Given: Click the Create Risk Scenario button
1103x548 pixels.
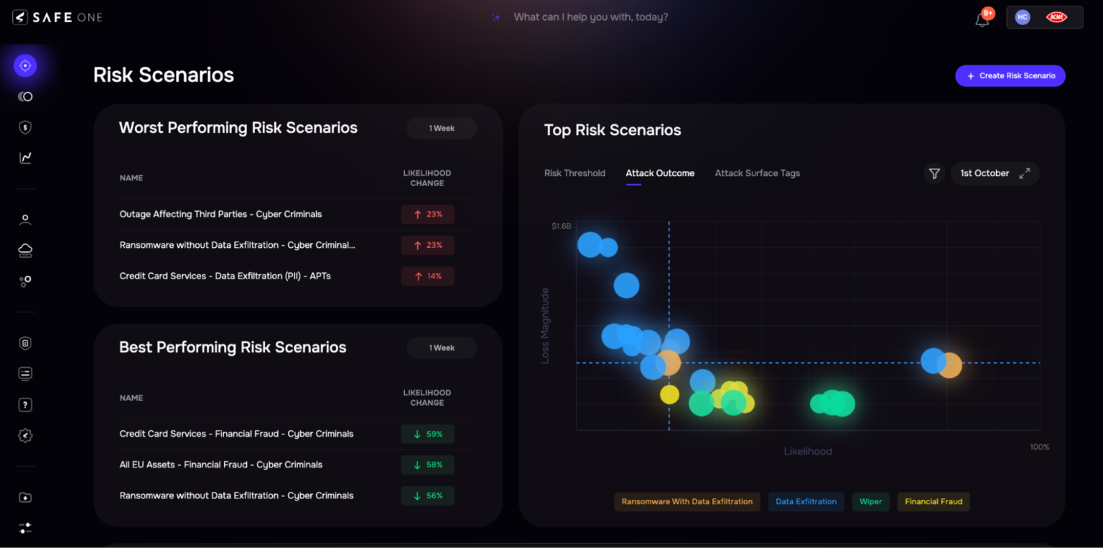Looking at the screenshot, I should [x=1010, y=76].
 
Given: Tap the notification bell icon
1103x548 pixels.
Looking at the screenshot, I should [x=982, y=19].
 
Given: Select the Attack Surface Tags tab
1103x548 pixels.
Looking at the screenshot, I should [x=757, y=173].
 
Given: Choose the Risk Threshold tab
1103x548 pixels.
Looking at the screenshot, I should [x=574, y=173].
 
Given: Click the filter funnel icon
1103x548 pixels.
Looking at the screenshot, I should [x=934, y=173].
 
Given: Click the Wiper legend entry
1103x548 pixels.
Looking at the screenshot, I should [x=870, y=501].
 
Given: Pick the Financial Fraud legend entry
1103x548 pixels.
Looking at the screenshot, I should [x=933, y=501].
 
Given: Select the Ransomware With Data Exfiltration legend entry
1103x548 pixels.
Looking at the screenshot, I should [x=687, y=501].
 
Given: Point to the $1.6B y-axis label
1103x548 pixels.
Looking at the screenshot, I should [x=561, y=226].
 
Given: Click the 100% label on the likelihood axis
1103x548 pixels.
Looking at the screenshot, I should [x=1039, y=447].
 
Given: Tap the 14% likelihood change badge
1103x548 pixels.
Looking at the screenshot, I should [x=427, y=277].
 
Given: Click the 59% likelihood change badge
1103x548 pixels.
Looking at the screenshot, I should [x=427, y=435].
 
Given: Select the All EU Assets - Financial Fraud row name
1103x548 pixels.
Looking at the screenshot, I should [x=220, y=465].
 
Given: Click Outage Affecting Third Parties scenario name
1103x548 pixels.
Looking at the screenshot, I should [x=220, y=214].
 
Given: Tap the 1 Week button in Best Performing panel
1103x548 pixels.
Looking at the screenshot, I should [x=442, y=348].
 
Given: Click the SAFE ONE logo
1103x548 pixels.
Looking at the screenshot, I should [x=57, y=17].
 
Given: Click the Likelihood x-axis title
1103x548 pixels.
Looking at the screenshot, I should [x=807, y=452].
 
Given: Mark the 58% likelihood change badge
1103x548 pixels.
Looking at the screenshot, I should [x=427, y=465].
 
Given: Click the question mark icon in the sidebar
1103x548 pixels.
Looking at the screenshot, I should [x=25, y=405].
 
